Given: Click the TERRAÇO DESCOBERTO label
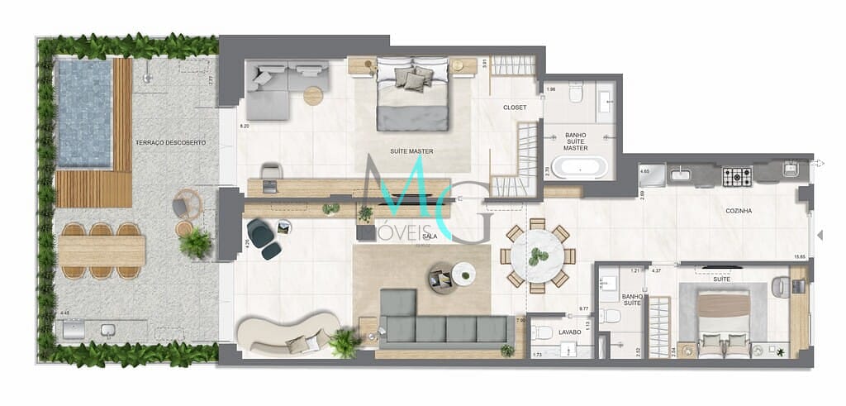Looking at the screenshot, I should pyautogui.click(x=172, y=143).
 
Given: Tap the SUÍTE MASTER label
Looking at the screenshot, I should pyautogui.click(x=411, y=151).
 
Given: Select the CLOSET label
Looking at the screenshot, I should pyautogui.click(x=515, y=107).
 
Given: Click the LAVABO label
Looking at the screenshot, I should pyautogui.click(x=568, y=332).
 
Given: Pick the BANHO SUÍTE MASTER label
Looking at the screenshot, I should pyautogui.click(x=576, y=141).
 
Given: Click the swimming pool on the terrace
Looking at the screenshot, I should pyautogui.click(x=83, y=112).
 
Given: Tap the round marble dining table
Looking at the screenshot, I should pyautogui.click(x=538, y=256).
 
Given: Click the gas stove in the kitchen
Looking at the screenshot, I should pyautogui.click(x=737, y=176).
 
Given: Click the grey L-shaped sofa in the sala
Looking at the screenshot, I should pyautogui.click(x=438, y=325).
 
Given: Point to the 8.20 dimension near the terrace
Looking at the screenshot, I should pyautogui.click(x=244, y=127).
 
